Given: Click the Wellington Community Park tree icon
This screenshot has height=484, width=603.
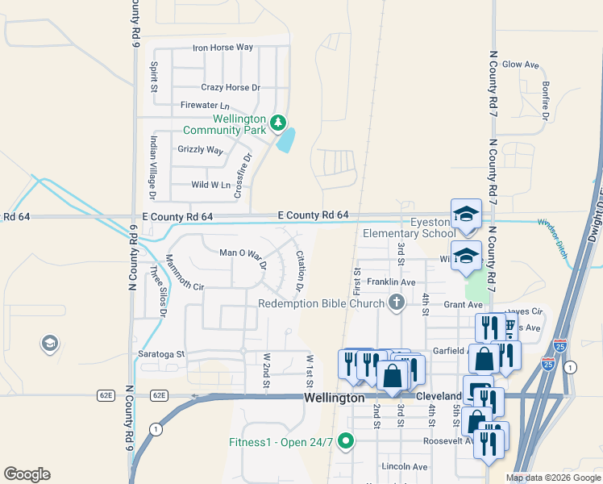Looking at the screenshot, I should pos(278,122).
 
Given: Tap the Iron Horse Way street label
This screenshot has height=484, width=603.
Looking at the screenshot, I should pos(222,48).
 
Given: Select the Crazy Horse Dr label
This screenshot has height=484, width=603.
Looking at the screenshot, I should pos(231,87).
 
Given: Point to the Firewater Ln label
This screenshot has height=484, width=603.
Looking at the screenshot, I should pos(205,106).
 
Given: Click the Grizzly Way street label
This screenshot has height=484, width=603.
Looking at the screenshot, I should pos(200,150).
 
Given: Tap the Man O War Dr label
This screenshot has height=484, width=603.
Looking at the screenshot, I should pos(242,253).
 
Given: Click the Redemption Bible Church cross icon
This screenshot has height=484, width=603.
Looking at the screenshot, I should pos(396,303).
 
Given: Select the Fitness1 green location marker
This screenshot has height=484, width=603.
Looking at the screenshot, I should pos(346,440).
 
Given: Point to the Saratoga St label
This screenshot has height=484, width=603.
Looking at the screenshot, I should pos(158,353).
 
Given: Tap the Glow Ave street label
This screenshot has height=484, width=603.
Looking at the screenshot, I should pos(520,64).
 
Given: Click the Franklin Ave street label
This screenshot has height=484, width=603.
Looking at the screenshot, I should pos(391,282).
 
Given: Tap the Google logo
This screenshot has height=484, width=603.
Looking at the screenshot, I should pos(27,474).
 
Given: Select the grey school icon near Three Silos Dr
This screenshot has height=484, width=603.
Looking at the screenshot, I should pos(50,344).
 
